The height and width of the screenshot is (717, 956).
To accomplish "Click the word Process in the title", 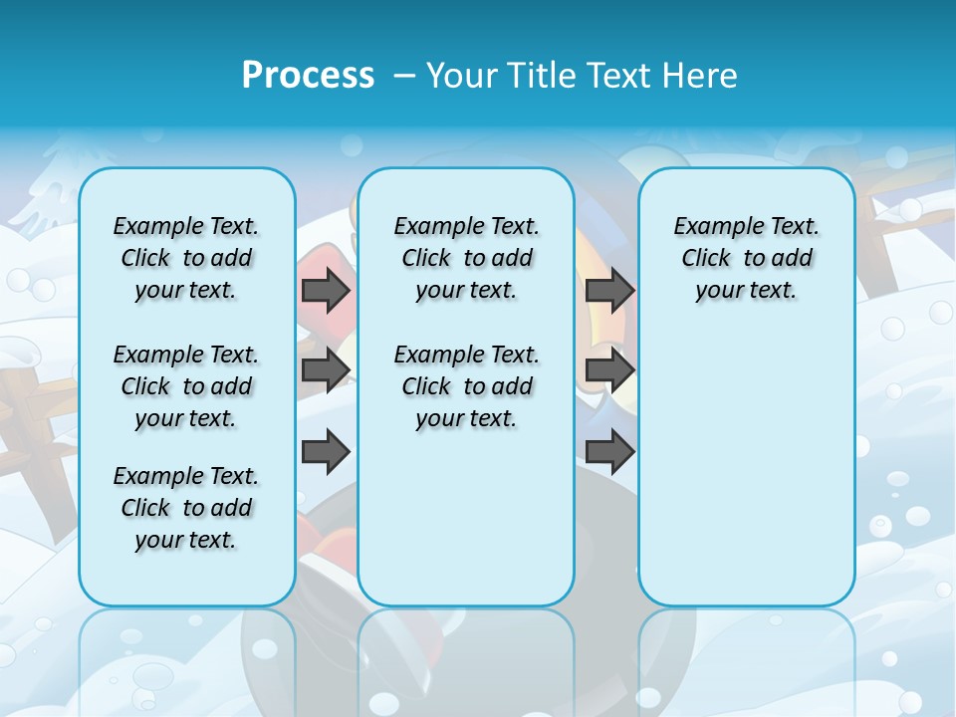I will coord(308,76).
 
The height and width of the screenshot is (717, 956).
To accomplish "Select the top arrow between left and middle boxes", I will coord(326,290).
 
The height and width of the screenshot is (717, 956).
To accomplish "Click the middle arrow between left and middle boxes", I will coord(326,370).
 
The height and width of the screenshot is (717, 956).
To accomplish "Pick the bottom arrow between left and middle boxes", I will coord(326,452).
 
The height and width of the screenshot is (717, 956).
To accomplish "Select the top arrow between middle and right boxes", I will coord(609,290).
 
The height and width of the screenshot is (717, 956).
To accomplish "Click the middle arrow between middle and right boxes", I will coord(609,370).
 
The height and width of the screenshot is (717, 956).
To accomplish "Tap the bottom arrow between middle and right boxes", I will coord(609,452).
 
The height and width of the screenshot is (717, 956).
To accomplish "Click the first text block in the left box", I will coord(186,258).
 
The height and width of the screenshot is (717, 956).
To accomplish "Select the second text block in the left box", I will coord(186,386).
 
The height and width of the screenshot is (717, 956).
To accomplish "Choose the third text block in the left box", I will coord(186,508).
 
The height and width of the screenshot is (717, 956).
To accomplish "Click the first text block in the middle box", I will coord(466,258).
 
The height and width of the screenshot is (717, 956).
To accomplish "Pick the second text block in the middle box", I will coord(466,386).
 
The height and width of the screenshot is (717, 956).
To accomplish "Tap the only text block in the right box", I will coord(746,258).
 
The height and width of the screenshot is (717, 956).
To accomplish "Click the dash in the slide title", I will coord(404,76).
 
